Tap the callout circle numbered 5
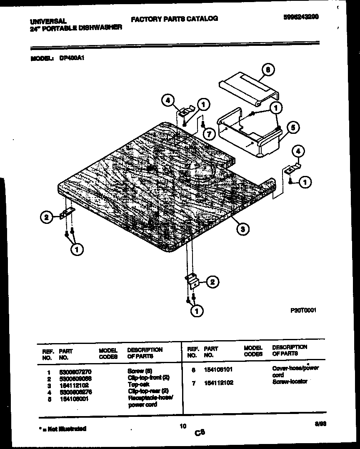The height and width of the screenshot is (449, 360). point(293,128)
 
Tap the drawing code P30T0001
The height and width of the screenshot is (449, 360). point(304,310)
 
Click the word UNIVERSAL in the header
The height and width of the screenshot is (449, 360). point(48,20)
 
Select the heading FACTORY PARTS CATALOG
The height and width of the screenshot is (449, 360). point(174,19)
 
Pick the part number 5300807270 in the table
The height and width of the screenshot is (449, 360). point(75,371)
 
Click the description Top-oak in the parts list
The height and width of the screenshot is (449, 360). point(138,385)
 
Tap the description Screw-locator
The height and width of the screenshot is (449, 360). point(290,382)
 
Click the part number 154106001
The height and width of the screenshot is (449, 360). point(73,399)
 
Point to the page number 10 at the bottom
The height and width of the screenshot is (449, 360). point(182,426)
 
